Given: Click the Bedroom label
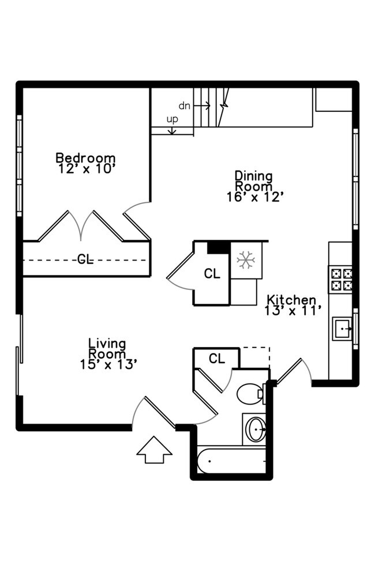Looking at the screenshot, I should pyautogui.click(x=85, y=157).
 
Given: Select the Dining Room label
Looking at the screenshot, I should pyautogui.click(x=253, y=180).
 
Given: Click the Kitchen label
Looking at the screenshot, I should pyautogui.click(x=291, y=300).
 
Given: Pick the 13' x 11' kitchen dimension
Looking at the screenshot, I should pyautogui.click(x=291, y=311).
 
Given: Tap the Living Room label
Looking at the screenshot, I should pyautogui.click(x=108, y=348).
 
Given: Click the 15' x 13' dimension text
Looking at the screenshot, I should pyautogui.click(x=108, y=364).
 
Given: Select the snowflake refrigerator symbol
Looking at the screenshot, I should pyautogui.click(x=246, y=261).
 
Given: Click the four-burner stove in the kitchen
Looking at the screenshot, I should pyautogui.click(x=340, y=279).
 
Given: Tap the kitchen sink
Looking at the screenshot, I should pyautogui.click(x=342, y=329).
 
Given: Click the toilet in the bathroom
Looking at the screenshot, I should pyautogui.click(x=249, y=394).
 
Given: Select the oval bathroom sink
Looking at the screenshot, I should pyautogui.click(x=256, y=429).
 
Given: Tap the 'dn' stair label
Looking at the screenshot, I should pyautogui.click(x=184, y=105).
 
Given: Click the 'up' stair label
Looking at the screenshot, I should pyautogui.click(x=172, y=119).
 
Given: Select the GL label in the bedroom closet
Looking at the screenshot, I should pyautogui.click(x=85, y=259).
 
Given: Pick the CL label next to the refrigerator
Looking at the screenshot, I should pyautogui.click(x=212, y=274).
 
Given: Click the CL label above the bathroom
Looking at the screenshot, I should pyautogui.click(x=216, y=359).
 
